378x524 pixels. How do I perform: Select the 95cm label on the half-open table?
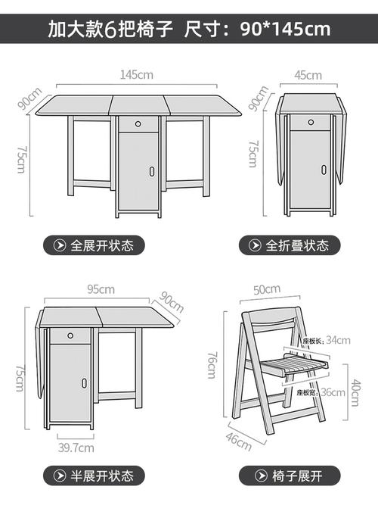tap(101, 289)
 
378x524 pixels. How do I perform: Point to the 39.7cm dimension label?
tap(70, 448)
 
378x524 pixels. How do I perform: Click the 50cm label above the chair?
tap(267, 289)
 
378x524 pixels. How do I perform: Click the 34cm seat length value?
tap(337, 340)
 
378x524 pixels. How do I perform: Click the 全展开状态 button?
tap(93, 245)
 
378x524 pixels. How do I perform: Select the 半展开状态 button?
tap(93, 476)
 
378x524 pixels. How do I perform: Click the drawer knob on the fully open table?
tap(139, 124)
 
